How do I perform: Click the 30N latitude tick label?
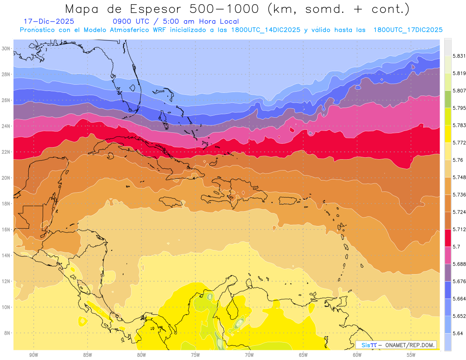6,49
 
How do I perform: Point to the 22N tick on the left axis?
6,152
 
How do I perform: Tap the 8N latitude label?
7,333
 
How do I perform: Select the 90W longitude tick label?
33,355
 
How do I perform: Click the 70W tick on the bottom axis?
249,355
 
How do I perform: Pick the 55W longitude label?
411,355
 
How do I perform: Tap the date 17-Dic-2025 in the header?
49,21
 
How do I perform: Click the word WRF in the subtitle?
160,30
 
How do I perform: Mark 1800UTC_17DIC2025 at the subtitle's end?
408,30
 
